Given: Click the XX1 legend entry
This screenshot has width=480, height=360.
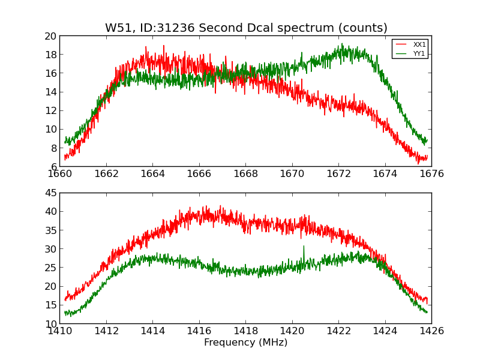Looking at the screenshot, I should (419, 44).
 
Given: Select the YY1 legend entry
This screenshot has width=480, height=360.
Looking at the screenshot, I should (419, 53).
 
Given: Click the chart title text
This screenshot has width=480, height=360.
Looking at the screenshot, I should (246, 28).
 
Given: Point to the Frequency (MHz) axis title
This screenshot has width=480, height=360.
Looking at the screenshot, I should (245, 343).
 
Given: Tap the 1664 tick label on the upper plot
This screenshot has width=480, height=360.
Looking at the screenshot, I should (152, 174).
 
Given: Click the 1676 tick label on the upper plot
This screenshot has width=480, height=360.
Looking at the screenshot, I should (431, 174).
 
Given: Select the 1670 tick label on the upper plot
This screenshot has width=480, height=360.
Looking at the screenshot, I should (292, 174).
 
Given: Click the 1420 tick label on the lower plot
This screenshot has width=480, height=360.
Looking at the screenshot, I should (292, 331).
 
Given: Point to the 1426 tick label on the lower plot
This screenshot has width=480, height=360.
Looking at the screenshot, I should (431, 331).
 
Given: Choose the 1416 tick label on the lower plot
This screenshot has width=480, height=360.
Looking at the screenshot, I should (199, 331).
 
